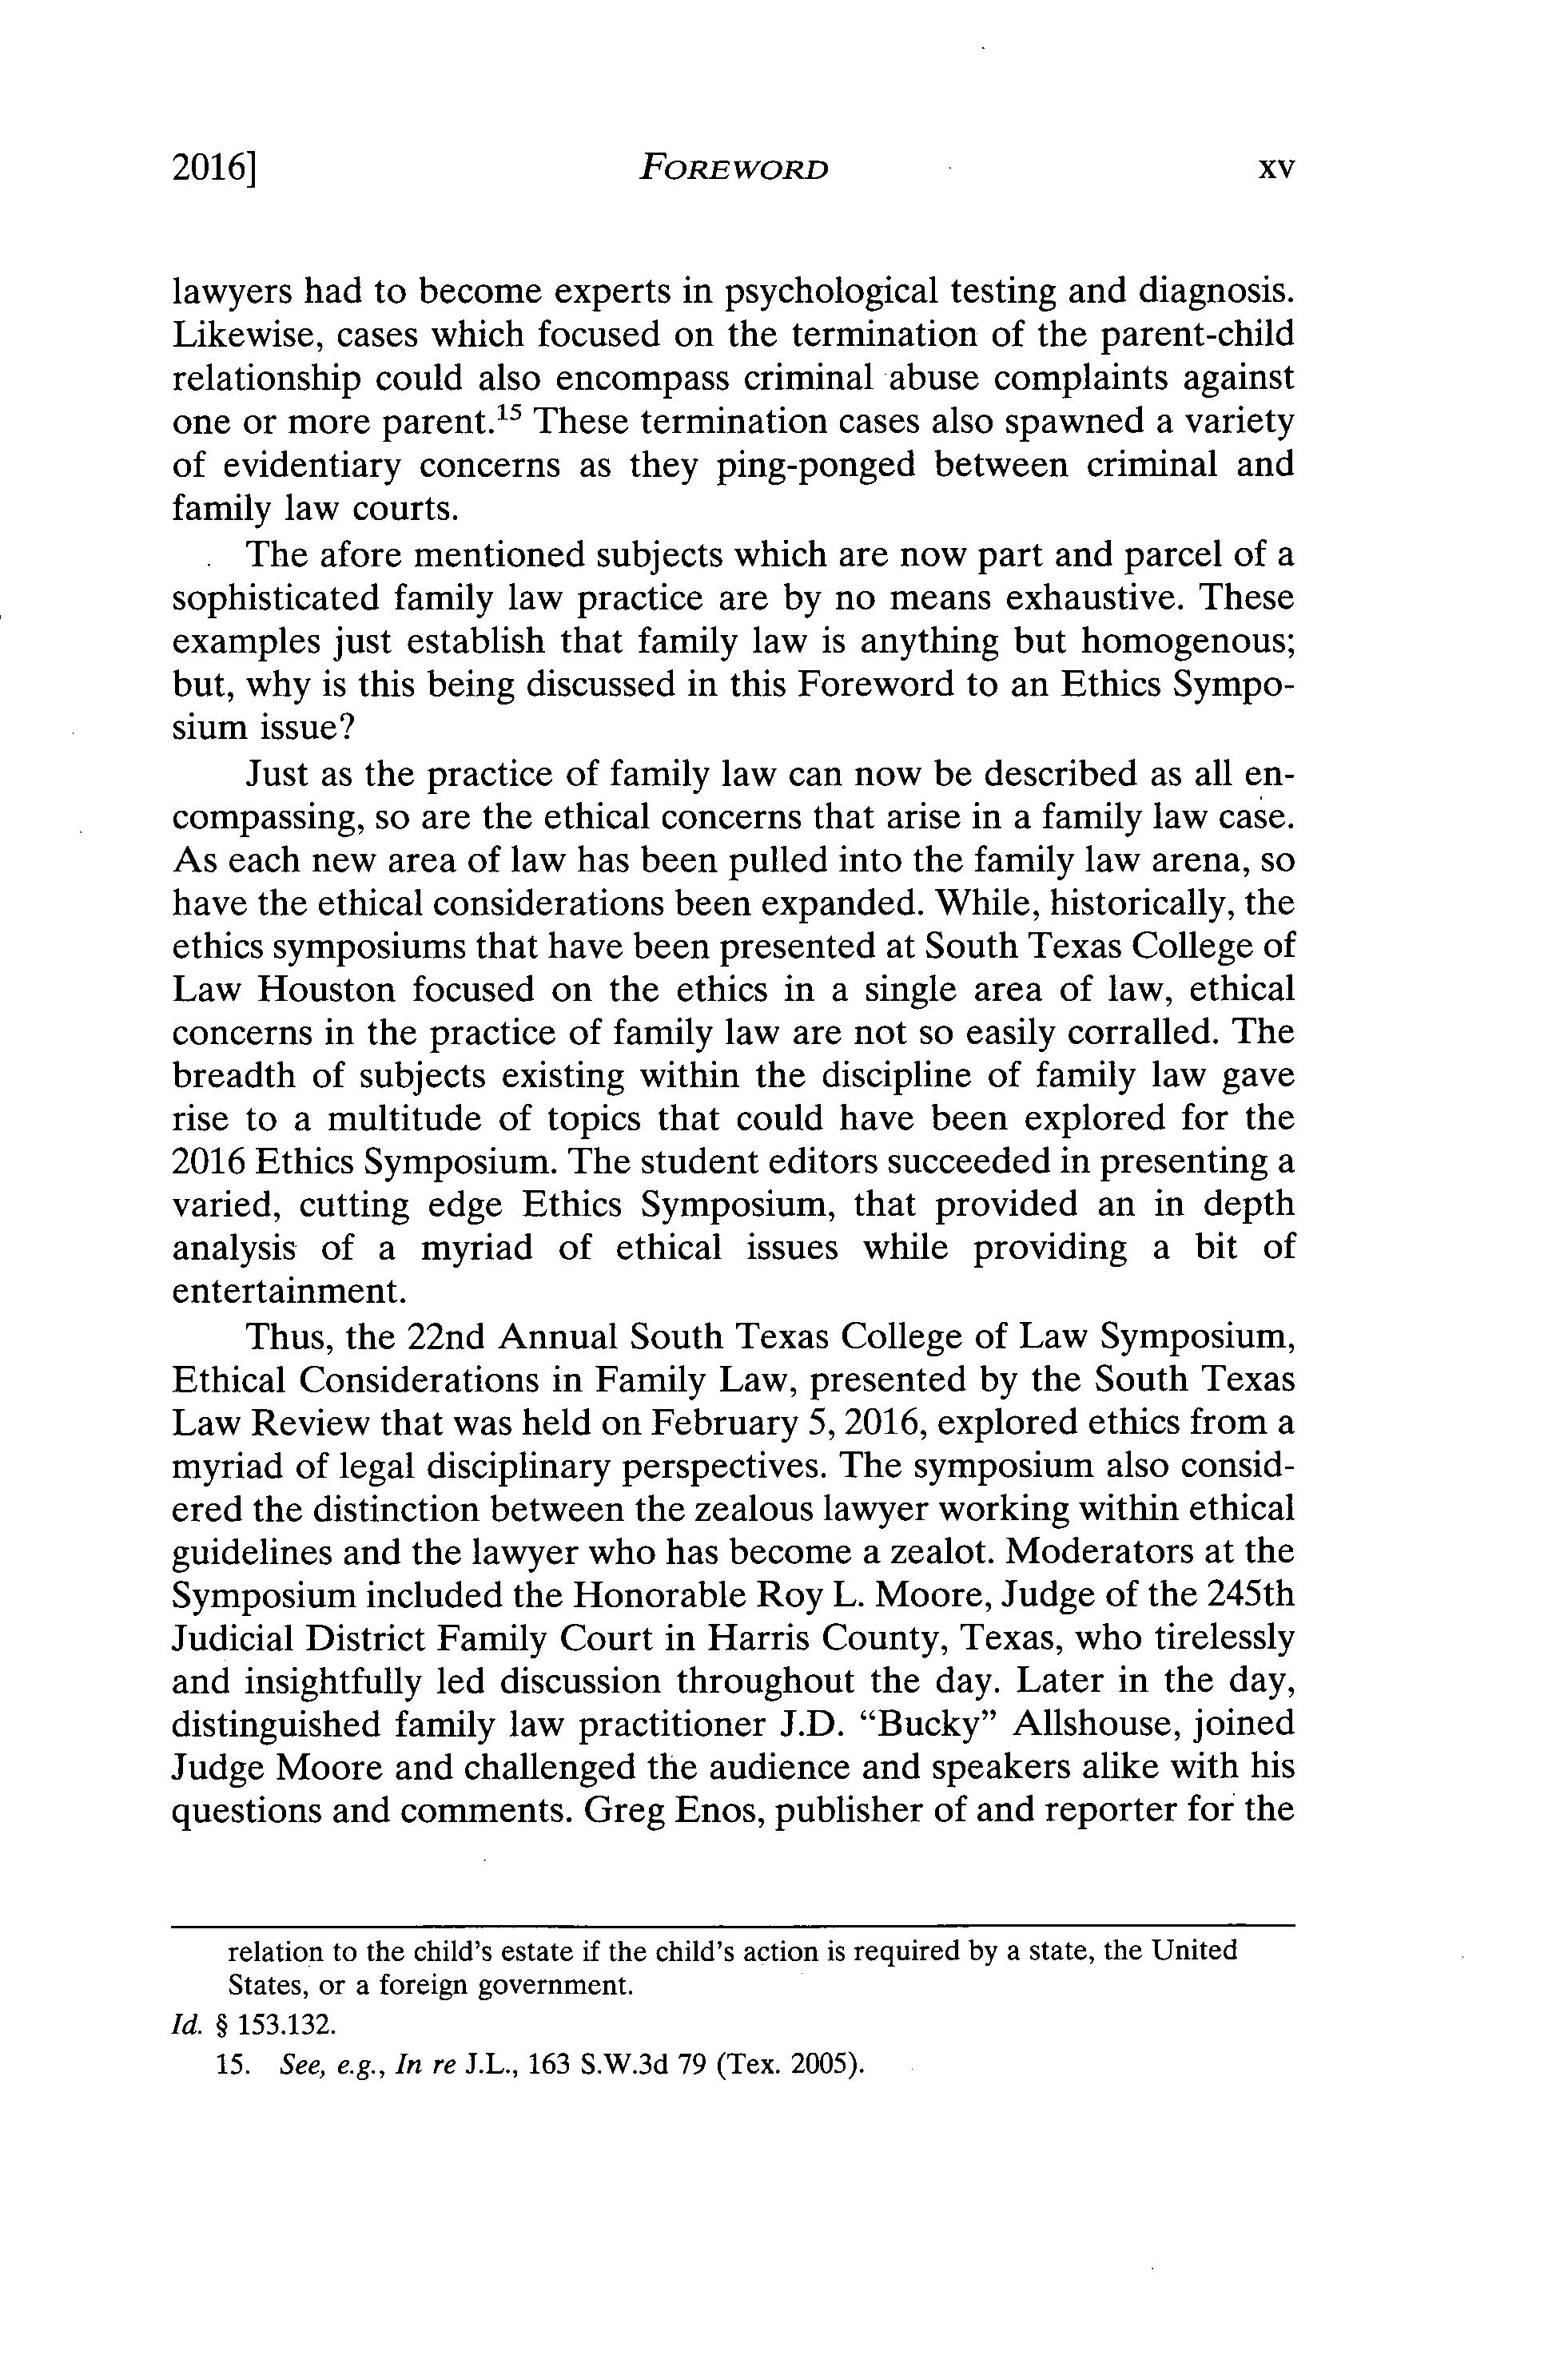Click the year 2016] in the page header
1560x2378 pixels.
(x=215, y=170)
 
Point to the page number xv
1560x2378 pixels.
(x=1276, y=170)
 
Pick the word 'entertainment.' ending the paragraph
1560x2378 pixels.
(x=289, y=1291)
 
